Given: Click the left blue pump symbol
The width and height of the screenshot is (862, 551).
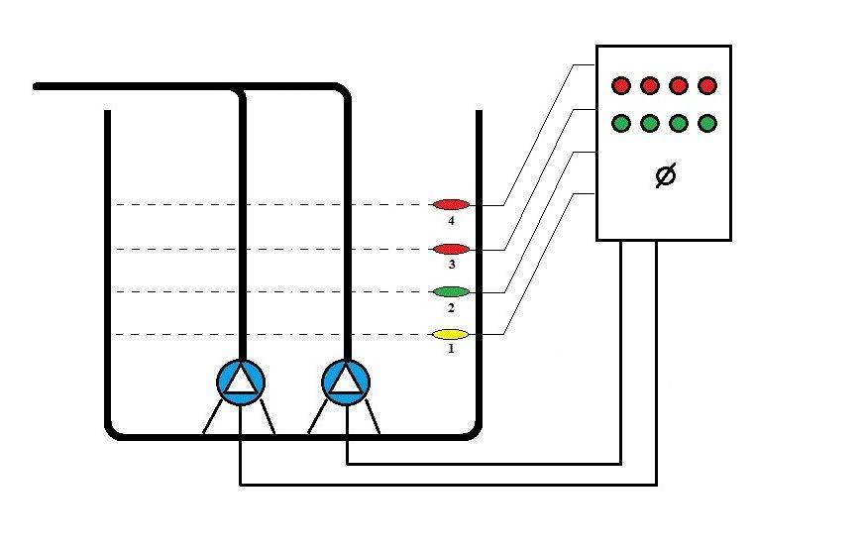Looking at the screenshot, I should tap(241, 382).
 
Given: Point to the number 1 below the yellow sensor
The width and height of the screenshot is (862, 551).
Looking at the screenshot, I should tap(451, 350).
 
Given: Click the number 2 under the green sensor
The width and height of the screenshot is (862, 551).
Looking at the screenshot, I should tap(451, 307).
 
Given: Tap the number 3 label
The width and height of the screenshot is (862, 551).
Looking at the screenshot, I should tap(451, 265).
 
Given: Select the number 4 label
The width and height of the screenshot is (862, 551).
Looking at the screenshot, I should tap(451, 220).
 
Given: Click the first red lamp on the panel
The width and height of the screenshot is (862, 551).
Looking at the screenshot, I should tap(621, 85).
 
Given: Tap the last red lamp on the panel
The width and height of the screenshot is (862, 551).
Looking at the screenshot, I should tap(707, 85).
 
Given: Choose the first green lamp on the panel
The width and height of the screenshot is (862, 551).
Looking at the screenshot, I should tap(621, 124).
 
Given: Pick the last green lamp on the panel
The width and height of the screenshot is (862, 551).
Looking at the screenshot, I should tap(707, 124).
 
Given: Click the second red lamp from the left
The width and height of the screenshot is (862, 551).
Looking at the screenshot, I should tap(650, 85).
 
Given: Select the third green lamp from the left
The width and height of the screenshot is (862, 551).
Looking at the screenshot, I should tap(679, 124).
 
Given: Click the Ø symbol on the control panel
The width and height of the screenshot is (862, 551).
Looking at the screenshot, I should tap(666, 176).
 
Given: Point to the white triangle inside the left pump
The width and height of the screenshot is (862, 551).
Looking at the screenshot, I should tap(241, 383).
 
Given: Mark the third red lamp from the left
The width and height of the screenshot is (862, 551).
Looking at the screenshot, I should tap(679, 85).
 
